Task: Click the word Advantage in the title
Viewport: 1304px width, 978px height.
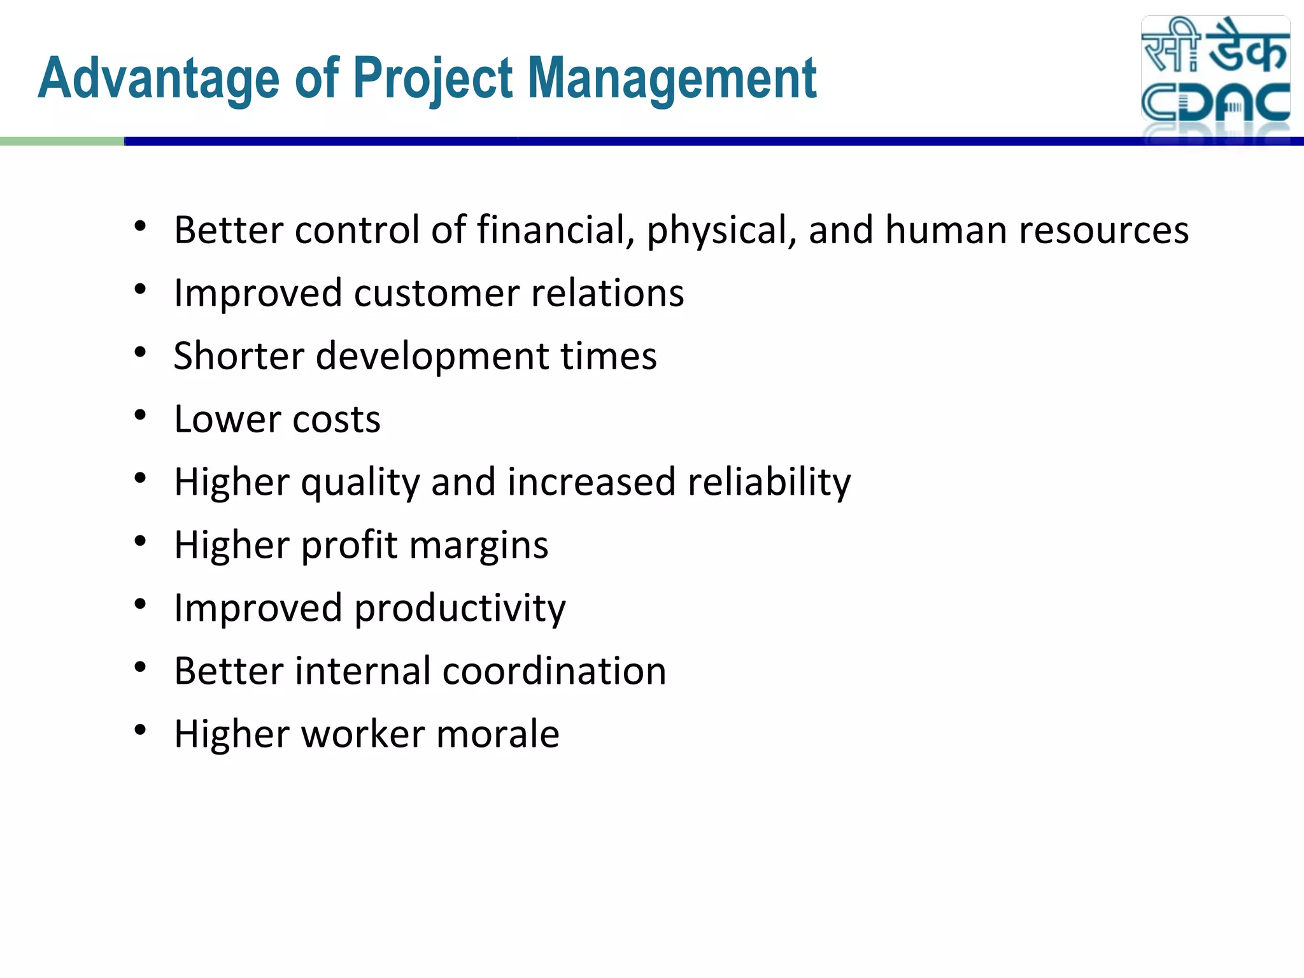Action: click(159, 79)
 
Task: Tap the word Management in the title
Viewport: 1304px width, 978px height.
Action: click(672, 79)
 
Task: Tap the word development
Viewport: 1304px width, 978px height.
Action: click(432, 357)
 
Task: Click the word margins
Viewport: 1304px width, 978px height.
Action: click(479, 546)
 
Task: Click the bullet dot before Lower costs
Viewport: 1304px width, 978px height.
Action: click(141, 415)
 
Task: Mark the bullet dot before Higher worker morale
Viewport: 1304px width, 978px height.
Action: click(141, 730)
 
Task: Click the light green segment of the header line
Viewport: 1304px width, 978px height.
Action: click(62, 141)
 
